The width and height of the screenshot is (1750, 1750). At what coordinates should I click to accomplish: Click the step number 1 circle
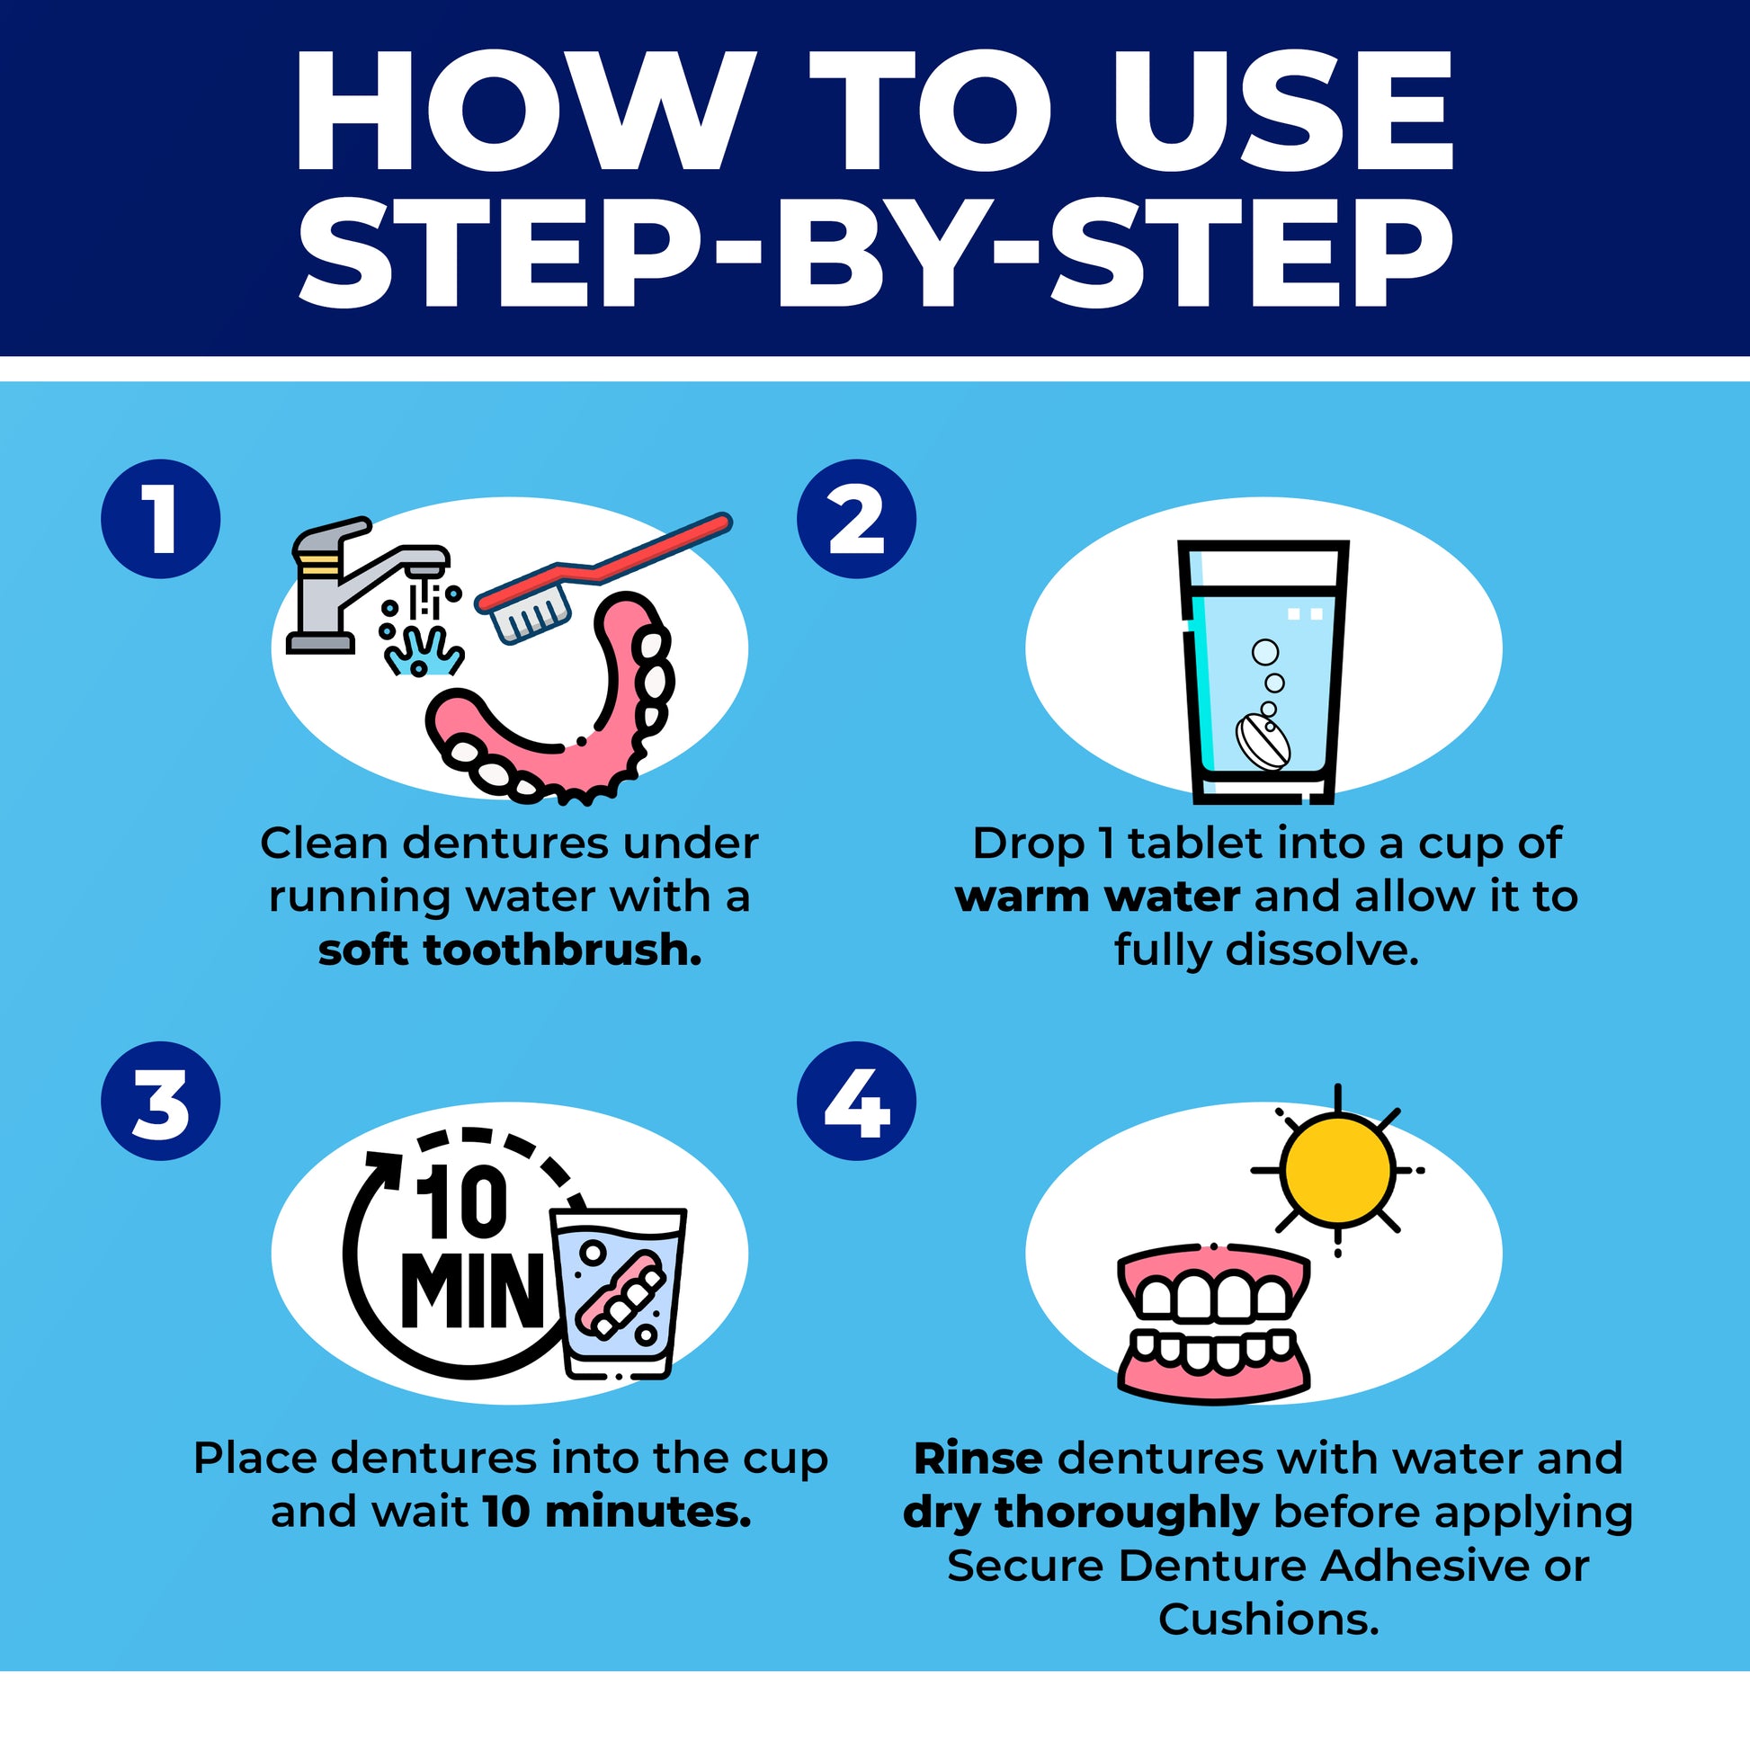[160, 519]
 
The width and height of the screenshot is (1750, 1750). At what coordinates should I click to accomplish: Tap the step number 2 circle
[856, 519]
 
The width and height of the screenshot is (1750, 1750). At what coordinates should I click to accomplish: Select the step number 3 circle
[160, 1102]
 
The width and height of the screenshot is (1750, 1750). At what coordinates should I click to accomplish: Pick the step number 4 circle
[856, 1102]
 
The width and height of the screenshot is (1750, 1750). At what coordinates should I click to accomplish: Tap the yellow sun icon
[1337, 1170]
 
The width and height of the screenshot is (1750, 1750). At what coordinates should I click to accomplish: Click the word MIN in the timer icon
[472, 1290]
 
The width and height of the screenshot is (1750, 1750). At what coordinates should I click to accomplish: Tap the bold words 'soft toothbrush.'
[510, 951]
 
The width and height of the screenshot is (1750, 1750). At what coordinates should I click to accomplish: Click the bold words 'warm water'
[1097, 897]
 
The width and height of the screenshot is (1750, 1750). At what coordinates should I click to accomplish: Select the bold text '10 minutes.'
[617, 1512]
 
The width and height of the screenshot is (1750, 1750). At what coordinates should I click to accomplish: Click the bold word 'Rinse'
[978, 1459]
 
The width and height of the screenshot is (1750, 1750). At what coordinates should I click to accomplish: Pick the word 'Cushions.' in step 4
[1268, 1620]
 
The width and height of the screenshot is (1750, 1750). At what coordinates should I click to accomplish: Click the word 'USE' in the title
[1282, 111]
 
